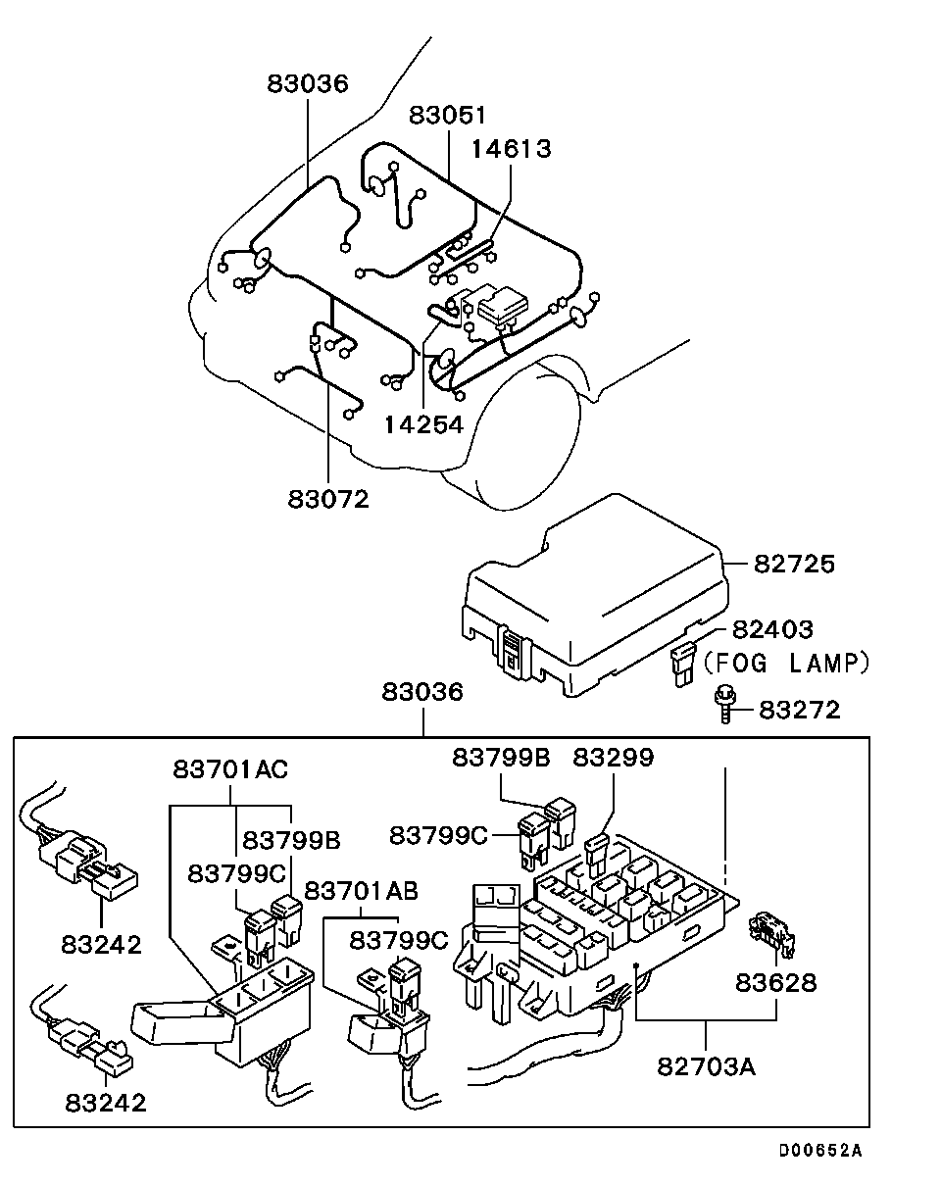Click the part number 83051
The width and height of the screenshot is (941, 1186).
pyautogui.click(x=448, y=115)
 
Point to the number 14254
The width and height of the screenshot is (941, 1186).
pyautogui.click(x=423, y=424)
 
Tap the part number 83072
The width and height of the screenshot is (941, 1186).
pyautogui.click(x=328, y=499)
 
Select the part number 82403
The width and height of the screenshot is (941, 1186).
pyautogui.click(x=773, y=629)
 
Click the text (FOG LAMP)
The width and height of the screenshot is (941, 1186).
pyautogui.click(x=787, y=664)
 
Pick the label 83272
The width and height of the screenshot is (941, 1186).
pyautogui.click(x=801, y=709)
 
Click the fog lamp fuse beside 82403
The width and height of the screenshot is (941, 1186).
pyautogui.click(x=682, y=664)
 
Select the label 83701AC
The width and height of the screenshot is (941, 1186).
pyautogui.click(x=231, y=769)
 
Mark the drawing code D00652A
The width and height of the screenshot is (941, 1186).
pyautogui.click(x=820, y=1151)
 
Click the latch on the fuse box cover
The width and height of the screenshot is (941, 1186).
pyautogui.click(x=512, y=649)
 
